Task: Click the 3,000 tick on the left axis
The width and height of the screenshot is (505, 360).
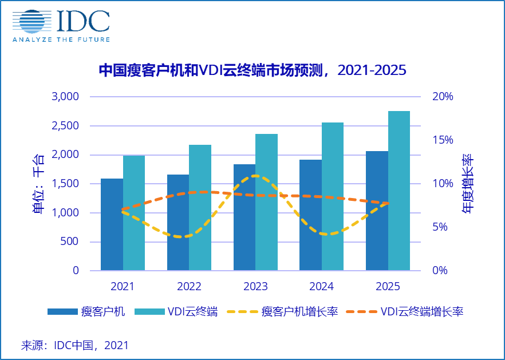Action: tap(65, 96)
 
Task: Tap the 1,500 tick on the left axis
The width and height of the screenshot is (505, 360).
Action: tap(65, 183)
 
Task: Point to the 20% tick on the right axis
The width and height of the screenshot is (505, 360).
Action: tap(442, 96)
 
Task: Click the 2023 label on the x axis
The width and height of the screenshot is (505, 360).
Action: tap(255, 286)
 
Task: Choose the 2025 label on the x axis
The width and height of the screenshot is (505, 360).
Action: tap(388, 286)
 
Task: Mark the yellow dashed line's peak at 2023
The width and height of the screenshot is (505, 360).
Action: tap(255, 176)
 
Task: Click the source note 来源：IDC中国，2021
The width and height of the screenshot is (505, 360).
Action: tap(75, 345)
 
